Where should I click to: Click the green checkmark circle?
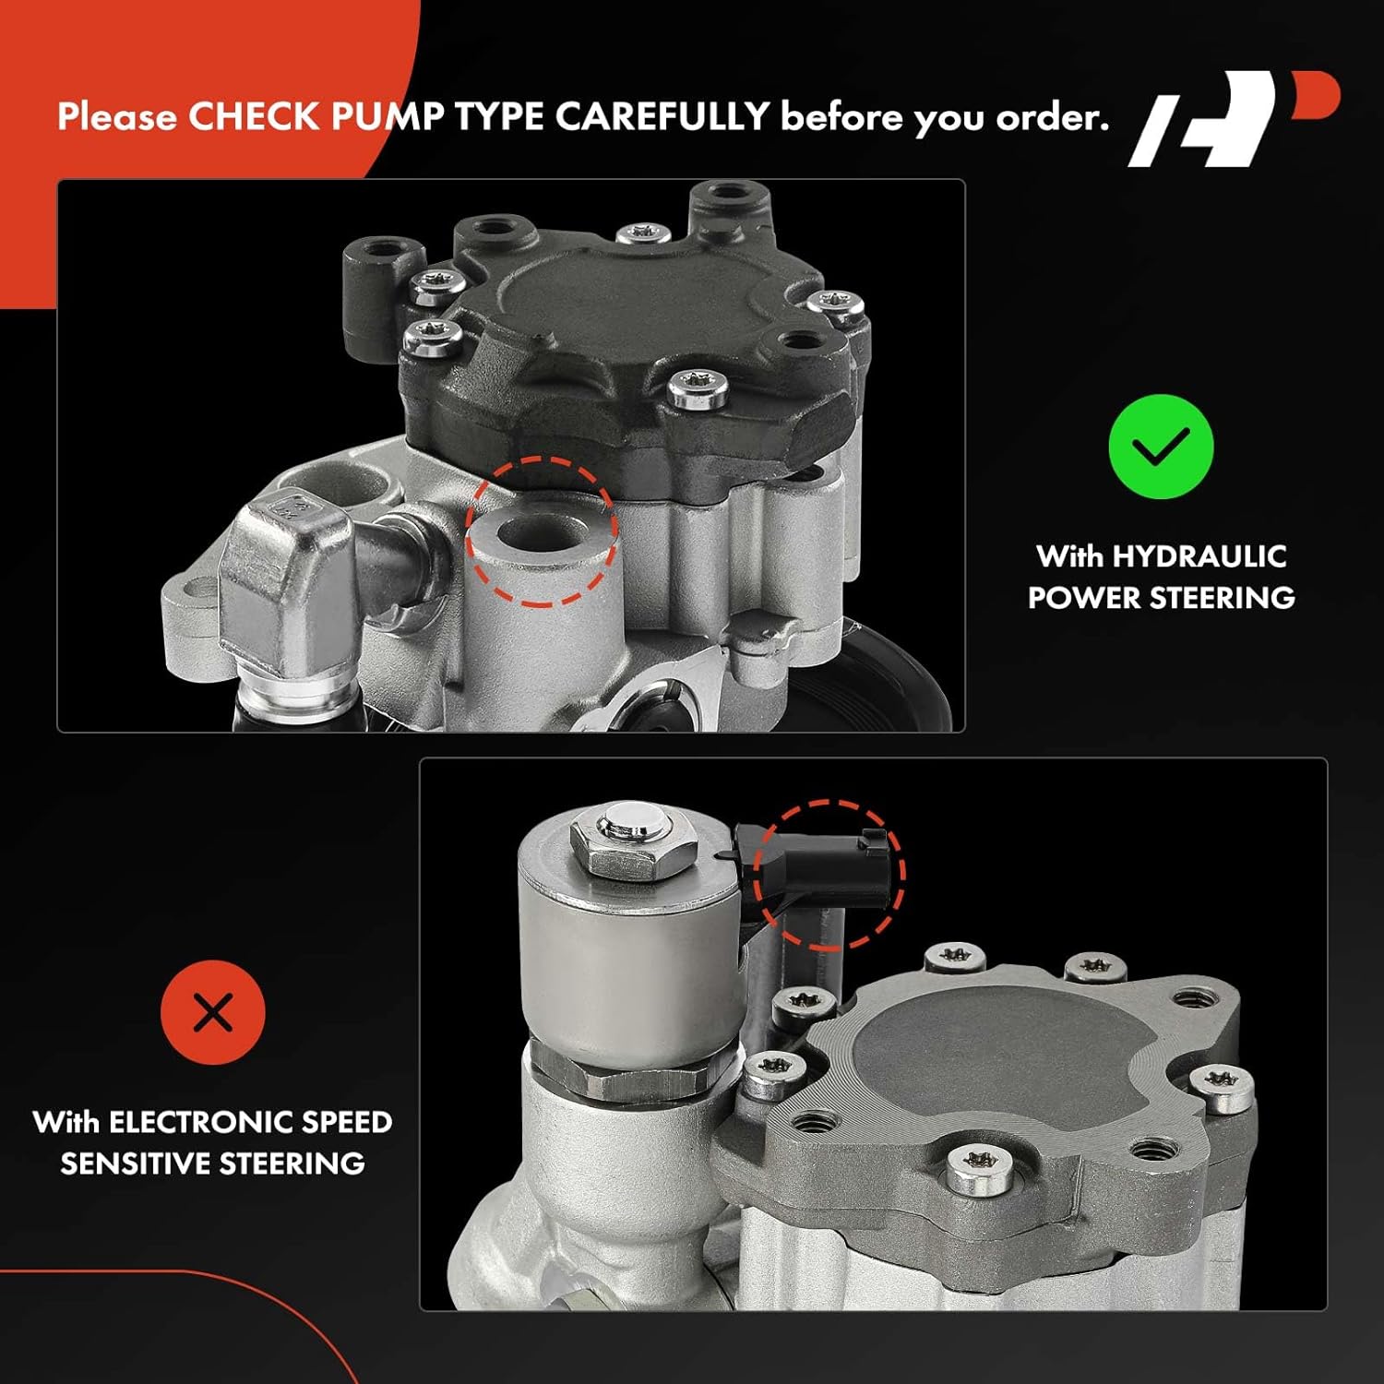[x=1161, y=447]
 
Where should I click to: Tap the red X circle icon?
[x=213, y=1012]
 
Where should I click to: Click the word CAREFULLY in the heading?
[x=662, y=117]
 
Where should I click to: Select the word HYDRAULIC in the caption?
[x=1199, y=556]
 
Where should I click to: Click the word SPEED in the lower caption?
[x=347, y=1122]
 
